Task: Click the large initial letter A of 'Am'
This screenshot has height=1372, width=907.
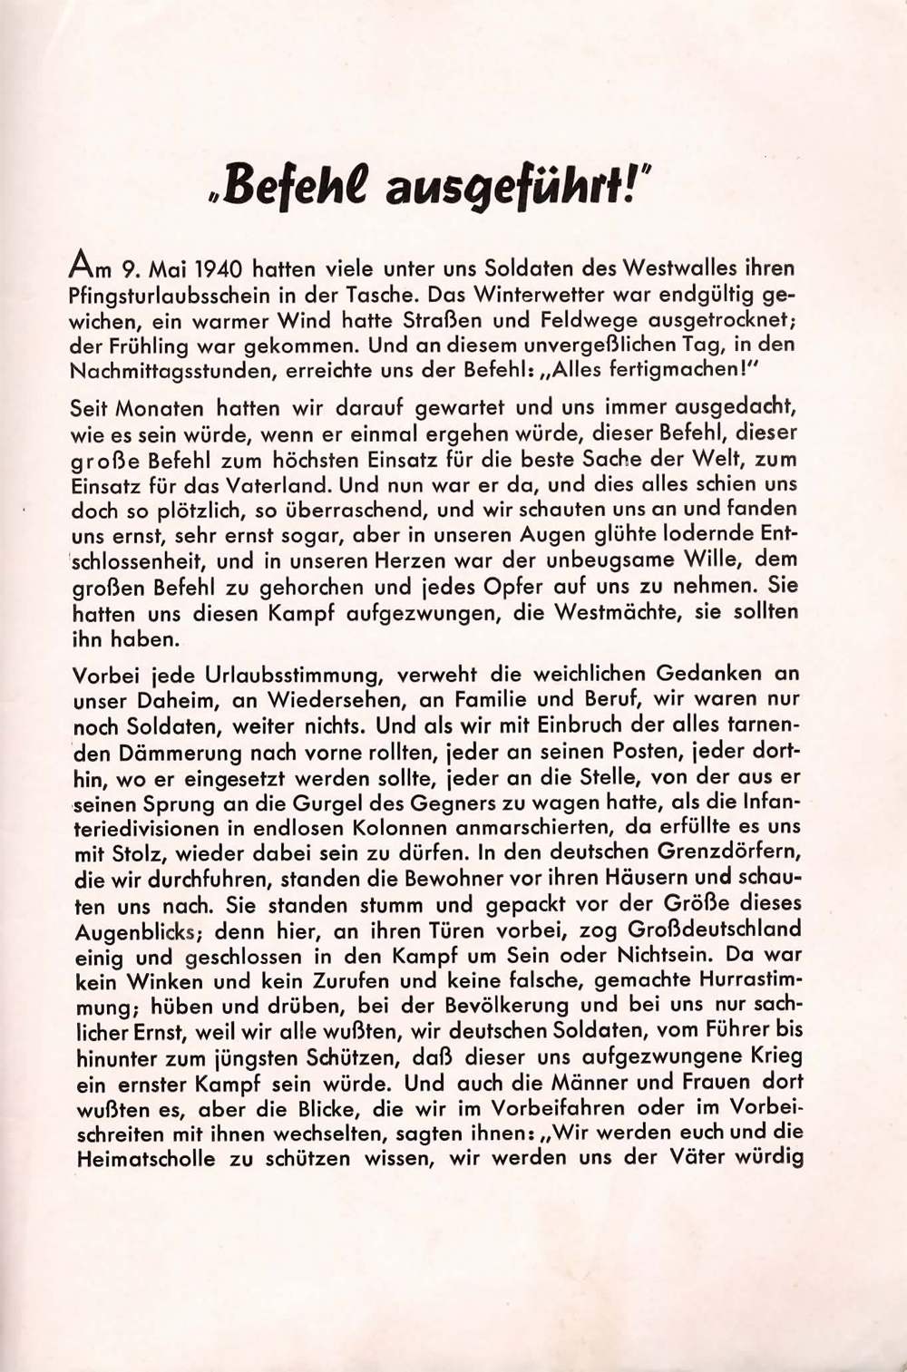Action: (x=82, y=268)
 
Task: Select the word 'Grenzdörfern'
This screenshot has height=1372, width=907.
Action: (x=721, y=853)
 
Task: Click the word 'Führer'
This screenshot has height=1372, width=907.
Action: (x=731, y=1031)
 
